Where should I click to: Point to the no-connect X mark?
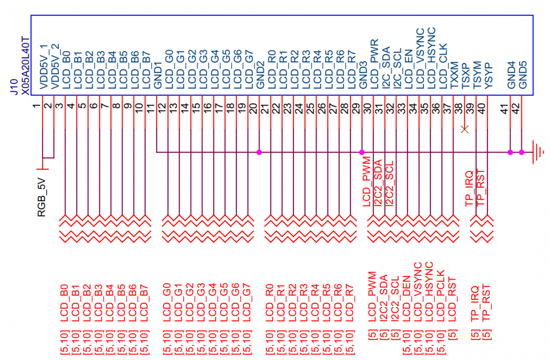[465, 129]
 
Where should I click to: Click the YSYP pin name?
[488, 75]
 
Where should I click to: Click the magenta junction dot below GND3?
[362, 152]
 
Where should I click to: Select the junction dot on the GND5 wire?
[522, 152]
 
